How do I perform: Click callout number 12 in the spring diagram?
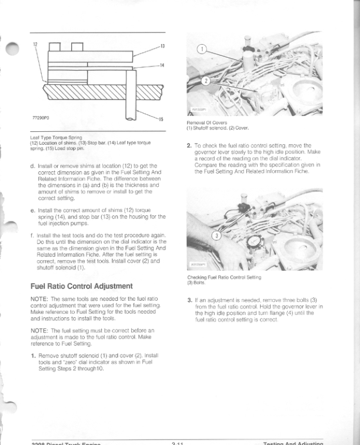[35, 45]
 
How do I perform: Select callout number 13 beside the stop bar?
[163, 46]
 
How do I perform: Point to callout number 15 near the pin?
[162, 119]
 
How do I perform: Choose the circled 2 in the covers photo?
[206, 81]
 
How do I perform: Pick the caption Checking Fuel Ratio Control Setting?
[223, 277]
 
